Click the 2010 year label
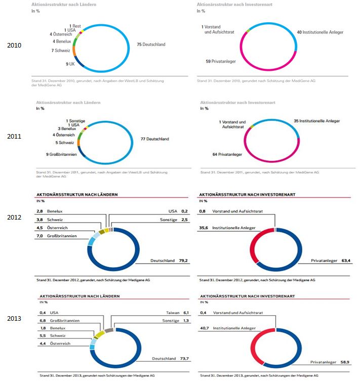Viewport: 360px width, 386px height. point(14,46)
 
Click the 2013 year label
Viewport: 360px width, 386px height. point(14,319)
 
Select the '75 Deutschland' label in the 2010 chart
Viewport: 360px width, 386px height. point(151,45)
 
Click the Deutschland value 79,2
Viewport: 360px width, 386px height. point(183,261)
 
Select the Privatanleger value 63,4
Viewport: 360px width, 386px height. point(347,261)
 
